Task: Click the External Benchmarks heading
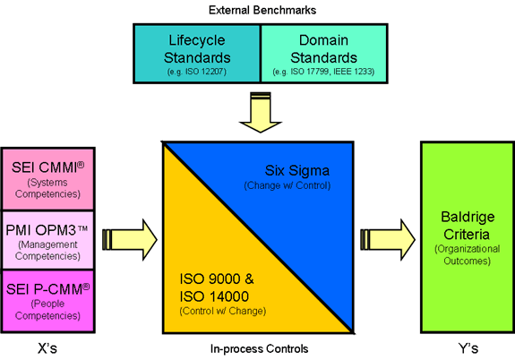pos(262,10)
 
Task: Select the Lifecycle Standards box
pos(197,54)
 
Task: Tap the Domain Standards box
pos(324,54)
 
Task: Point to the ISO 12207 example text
pos(197,72)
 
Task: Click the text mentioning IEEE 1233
pos(323,72)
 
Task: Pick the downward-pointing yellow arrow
pos(261,112)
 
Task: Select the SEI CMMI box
pos(48,179)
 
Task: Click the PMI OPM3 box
pos(48,240)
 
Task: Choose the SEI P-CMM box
pos(48,301)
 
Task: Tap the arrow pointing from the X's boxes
pos(130,240)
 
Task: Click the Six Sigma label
pos(297,170)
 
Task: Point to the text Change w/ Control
pos(288,185)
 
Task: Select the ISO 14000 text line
pos(214,296)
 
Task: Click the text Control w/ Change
pos(223,311)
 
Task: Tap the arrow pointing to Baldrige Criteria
pos(388,240)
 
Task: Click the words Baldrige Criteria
pos(468,226)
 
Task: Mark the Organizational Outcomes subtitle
pos(468,255)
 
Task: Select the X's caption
pos(47,348)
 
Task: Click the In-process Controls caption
pos(259,349)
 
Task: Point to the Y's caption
pos(468,348)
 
